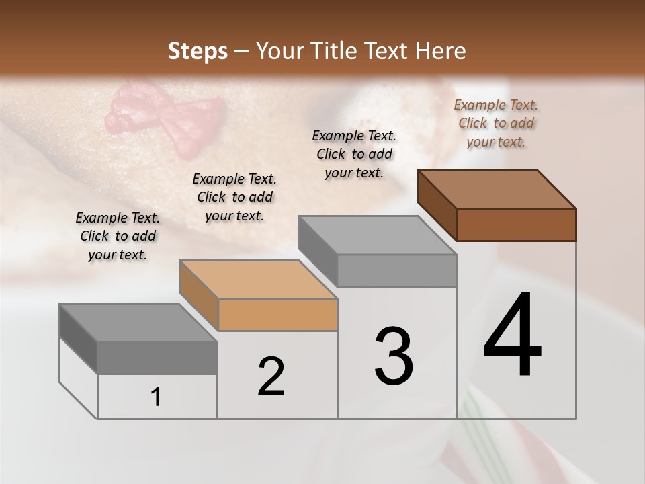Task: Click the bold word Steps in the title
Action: [198, 51]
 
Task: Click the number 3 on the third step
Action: [394, 356]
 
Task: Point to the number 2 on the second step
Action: [271, 376]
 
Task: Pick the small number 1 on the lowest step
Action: [156, 397]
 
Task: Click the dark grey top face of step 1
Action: [138, 323]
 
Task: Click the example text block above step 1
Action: [118, 236]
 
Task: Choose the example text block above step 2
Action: [234, 197]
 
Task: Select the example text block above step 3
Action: [354, 154]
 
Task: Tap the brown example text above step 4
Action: [496, 123]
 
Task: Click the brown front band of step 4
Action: [516, 225]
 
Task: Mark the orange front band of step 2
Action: [278, 315]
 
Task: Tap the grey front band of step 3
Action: [396, 270]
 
